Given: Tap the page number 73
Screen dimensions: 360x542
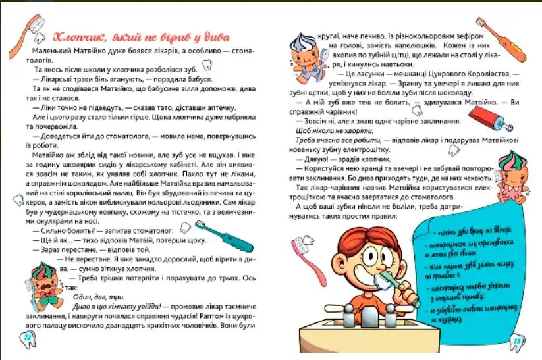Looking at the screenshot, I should [x=518, y=340].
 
